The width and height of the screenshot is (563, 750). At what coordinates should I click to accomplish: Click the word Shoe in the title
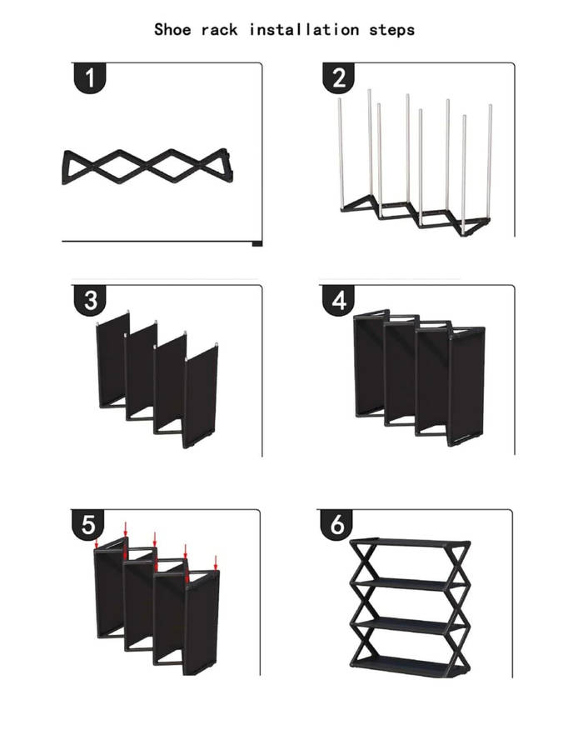coord(172,30)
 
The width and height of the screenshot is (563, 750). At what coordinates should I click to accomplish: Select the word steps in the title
coord(391,30)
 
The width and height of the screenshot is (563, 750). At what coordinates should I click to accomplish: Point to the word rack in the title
coord(221,30)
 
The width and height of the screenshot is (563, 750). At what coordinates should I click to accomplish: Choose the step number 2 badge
coord(338,78)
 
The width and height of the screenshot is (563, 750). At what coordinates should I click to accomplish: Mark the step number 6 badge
coord(337,525)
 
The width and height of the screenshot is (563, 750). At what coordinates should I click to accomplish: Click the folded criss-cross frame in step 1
coord(145,167)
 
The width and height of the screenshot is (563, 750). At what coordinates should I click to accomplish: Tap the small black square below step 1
coord(257,243)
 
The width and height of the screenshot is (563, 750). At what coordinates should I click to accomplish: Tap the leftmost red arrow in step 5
coord(97,543)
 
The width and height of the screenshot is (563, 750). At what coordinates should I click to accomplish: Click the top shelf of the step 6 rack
coord(406,542)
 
